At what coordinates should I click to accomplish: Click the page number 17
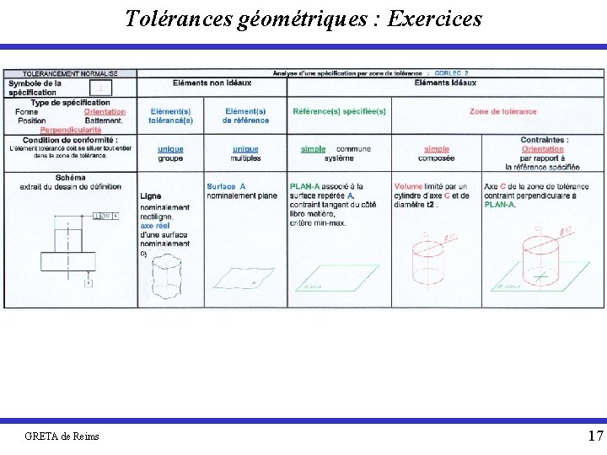point(595,436)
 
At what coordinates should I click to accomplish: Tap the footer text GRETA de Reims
point(62,436)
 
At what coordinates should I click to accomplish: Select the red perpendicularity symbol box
point(101,88)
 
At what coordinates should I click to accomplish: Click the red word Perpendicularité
point(71,131)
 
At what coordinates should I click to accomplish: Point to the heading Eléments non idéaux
point(212,83)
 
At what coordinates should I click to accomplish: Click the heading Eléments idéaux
point(445,83)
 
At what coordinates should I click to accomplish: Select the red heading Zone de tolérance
point(502,111)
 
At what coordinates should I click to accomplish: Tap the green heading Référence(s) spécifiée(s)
point(339,111)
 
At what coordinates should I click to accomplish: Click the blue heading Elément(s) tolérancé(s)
point(170,115)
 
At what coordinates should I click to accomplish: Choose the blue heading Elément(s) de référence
point(245,115)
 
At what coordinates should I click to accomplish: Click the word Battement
point(103,120)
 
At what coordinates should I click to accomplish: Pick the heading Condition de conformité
point(70,140)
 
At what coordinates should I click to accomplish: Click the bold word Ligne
point(151,196)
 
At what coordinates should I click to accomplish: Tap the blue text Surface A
point(226,186)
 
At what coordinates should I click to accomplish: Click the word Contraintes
point(544,140)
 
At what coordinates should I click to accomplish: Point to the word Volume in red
point(408,186)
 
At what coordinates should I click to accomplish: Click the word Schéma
point(70,177)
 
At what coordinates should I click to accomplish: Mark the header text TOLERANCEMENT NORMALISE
point(70,73)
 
